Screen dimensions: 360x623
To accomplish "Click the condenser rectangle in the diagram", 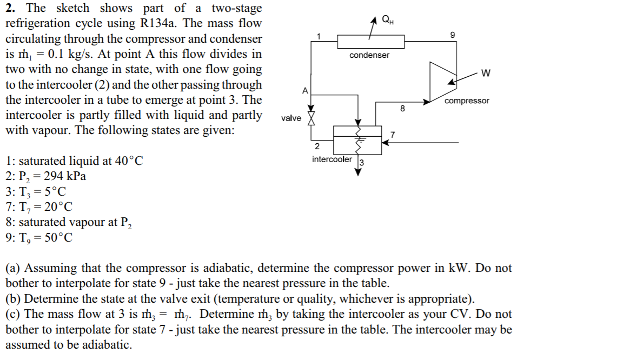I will click(x=370, y=42).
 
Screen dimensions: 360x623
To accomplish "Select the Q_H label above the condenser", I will click(x=387, y=20).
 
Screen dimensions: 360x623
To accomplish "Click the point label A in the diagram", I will click(x=305, y=90).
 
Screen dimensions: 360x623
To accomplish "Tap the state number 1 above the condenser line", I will click(x=319, y=36).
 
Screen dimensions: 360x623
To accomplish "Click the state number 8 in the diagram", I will click(x=402, y=108).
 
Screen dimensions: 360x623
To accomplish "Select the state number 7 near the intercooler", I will click(x=393, y=134).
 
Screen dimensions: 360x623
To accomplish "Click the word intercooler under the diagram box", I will click(x=332, y=159).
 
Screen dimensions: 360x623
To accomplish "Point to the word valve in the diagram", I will click(x=291, y=118).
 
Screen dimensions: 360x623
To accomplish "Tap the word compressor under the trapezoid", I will click(x=467, y=101).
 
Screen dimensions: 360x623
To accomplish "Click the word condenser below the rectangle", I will click(x=369, y=55).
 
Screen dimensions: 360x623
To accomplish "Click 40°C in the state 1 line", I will click(x=128, y=161).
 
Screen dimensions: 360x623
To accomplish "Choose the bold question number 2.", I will click(x=10, y=8).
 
